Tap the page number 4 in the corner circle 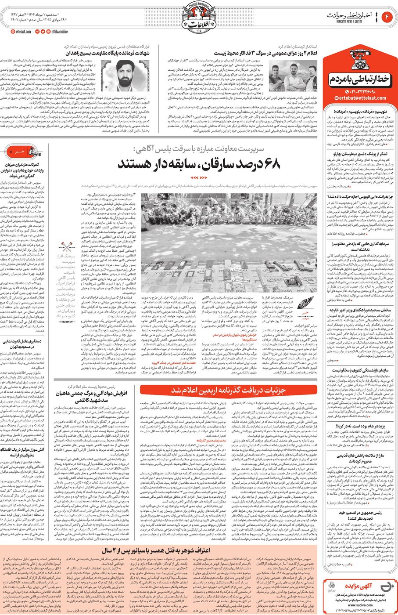[x=387, y=17]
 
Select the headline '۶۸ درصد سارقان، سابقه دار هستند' [x=199, y=164]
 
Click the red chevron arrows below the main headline [x=199, y=177]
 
